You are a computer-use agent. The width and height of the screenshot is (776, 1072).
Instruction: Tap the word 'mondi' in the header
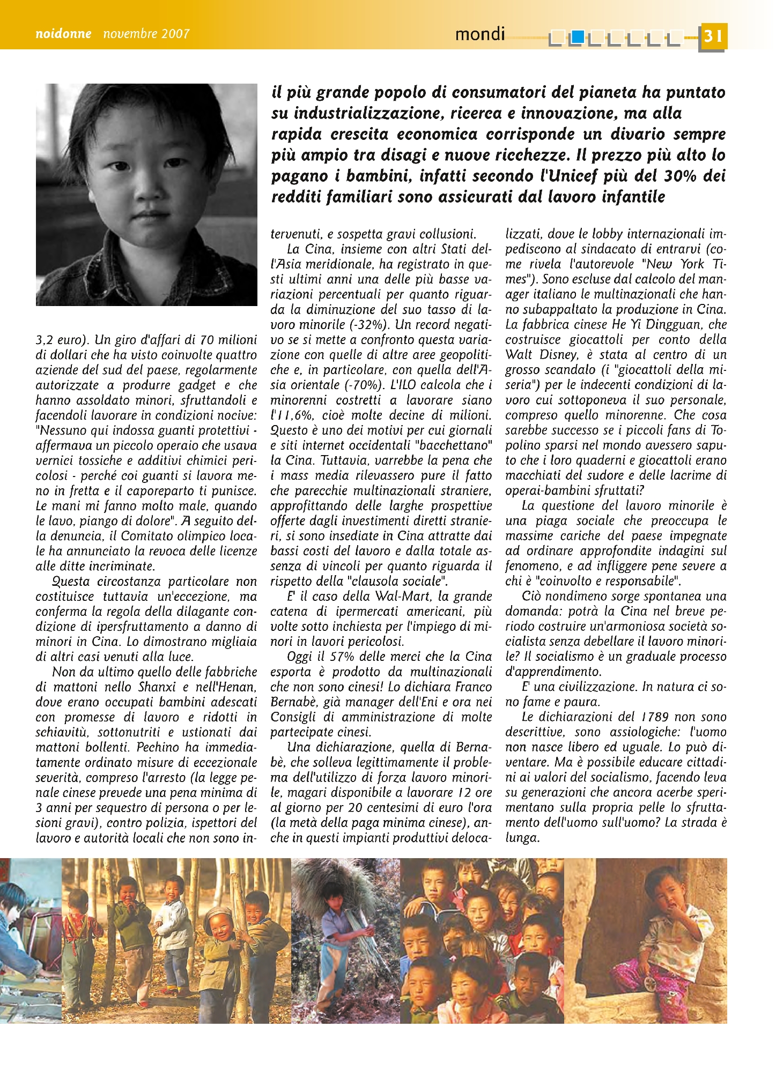click(x=480, y=34)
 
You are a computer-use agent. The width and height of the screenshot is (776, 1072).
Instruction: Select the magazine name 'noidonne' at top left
click(x=63, y=34)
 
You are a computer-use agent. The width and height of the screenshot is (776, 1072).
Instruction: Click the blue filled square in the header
click(x=577, y=36)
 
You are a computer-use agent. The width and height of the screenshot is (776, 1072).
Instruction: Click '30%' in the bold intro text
click(x=680, y=176)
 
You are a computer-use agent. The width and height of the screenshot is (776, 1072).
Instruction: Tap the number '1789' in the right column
click(x=655, y=717)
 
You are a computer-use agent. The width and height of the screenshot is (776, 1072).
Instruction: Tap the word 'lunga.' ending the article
click(x=522, y=838)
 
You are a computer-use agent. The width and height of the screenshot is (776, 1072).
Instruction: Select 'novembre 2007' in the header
click(x=146, y=34)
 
